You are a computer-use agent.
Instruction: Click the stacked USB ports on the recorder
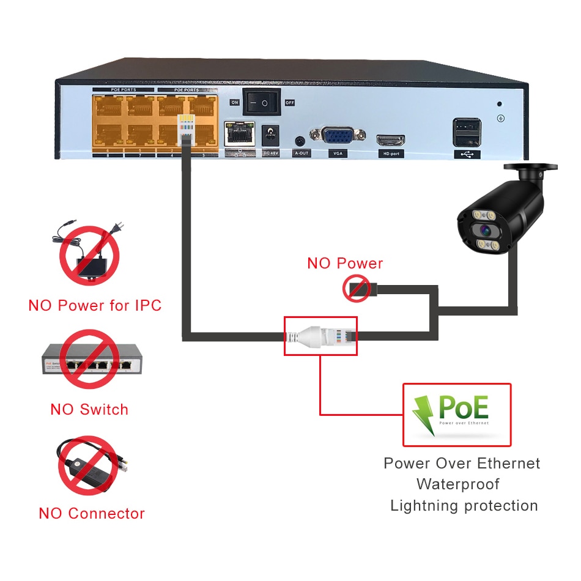click(467, 132)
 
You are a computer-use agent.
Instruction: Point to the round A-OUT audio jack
click(300, 141)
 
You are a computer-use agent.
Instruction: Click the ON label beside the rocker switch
click(234, 102)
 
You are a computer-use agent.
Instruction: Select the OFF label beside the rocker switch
click(290, 103)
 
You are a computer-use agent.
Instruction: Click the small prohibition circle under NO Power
click(357, 287)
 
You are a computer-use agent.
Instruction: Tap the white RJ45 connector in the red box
click(320, 335)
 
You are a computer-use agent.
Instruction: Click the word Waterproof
click(458, 484)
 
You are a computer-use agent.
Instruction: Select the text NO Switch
click(89, 410)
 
